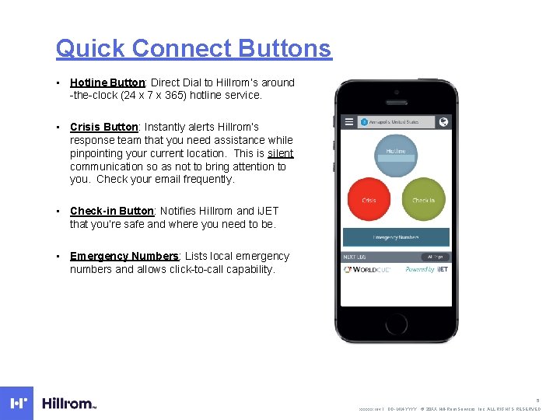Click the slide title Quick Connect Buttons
click(193, 48)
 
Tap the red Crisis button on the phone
click(369, 200)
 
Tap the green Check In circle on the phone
click(423, 200)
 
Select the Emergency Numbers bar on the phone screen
click(396, 237)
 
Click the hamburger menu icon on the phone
click(348, 122)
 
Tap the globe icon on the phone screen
click(443, 122)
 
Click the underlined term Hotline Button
click(107, 82)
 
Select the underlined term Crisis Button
click(103, 127)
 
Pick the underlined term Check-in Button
click(112, 211)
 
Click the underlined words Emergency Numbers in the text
click(124, 256)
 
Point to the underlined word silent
click(280, 153)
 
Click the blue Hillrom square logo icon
click(17, 403)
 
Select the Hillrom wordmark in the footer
click(68, 404)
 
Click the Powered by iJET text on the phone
click(426, 270)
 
